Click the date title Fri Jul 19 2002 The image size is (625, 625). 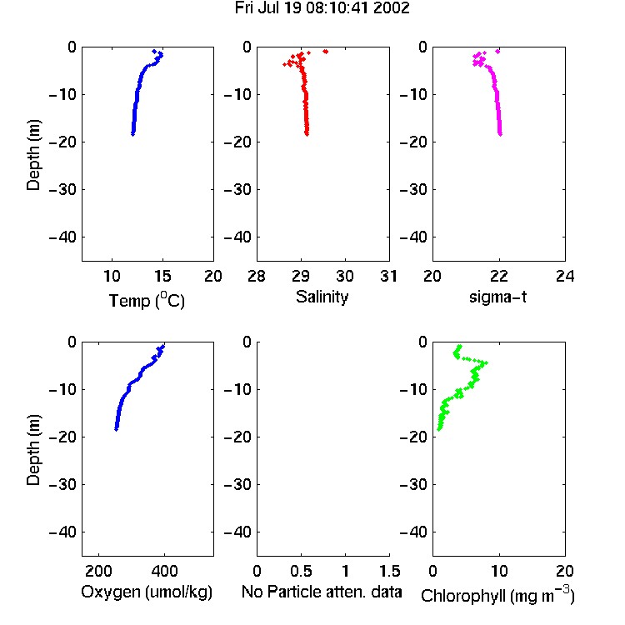[322, 8]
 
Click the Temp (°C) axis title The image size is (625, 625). [147, 300]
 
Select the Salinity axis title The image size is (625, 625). [322, 297]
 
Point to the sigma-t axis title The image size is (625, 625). [497, 297]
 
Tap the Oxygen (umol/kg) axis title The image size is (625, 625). [147, 592]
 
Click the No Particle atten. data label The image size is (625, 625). [322, 592]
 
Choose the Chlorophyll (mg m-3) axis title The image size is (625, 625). [497, 595]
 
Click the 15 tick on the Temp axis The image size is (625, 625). [162, 276]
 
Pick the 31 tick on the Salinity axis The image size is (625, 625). [388, 276]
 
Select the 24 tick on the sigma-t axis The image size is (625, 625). [565, 276]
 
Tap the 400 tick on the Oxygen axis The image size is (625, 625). [164, 571]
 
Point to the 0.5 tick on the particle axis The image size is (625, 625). [301, 571]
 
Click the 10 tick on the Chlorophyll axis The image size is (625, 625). [498, 571]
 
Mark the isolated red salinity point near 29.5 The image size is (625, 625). [326, 51]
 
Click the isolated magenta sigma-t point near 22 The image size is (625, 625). [497, 51]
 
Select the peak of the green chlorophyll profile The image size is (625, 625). [485, 362]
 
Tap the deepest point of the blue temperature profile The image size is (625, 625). [132, 134]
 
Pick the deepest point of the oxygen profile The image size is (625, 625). [117, 429]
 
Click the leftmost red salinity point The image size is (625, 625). [285, 64]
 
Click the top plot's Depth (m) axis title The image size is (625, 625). [33, 155]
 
